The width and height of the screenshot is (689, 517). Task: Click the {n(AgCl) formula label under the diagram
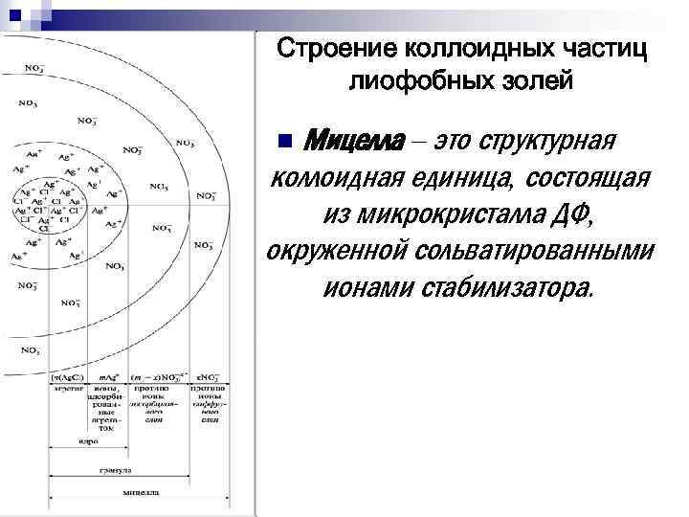(68, 376)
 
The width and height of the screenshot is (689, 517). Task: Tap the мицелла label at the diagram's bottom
(141, 492)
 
